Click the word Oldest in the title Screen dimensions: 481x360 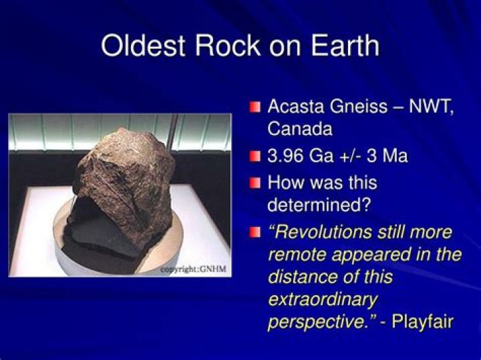point(143,45)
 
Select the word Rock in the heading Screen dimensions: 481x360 point(228,45)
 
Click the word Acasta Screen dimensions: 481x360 point(296,106)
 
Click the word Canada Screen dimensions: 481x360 point(300,129)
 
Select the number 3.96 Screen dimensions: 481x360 point(285,156)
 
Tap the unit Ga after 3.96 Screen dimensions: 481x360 point(321,156)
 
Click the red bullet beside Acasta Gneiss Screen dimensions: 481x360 point(255,108)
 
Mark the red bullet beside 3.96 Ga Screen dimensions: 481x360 point(255,156)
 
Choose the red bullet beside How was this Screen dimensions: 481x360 point(255,184)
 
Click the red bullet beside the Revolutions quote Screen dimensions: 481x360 point(255,232)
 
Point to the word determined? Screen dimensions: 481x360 point(319,205)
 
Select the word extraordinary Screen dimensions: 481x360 point(323,299)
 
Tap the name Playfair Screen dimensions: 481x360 point(422,322)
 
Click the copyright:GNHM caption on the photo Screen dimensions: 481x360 point(194,269)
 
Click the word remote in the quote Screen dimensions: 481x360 point(297,254)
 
